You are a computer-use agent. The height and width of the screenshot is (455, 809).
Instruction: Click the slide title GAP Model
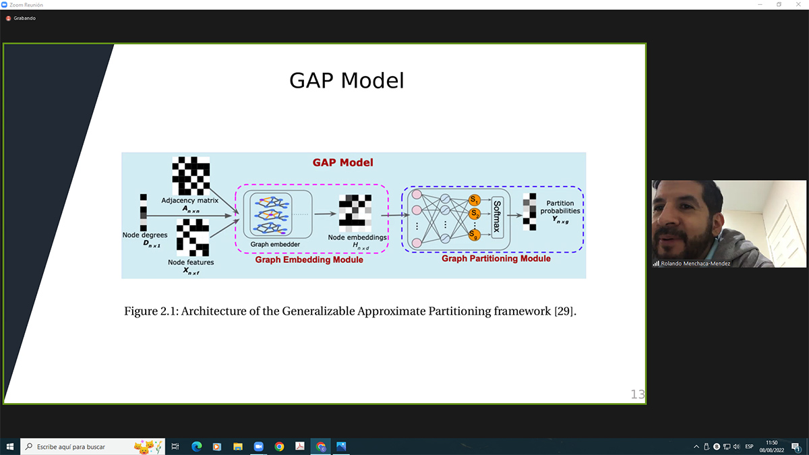tap(347, 80)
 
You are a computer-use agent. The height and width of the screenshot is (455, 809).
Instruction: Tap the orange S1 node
tap(474, 200)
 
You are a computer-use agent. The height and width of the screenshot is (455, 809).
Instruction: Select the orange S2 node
tap(474, 214)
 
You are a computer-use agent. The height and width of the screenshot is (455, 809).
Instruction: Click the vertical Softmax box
tap(497, 217)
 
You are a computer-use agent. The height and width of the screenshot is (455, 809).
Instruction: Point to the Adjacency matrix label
tap(190, 200)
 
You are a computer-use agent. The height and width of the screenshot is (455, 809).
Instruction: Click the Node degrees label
tap(145, 235)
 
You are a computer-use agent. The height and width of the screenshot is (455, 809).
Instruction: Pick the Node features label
tap(191, 262)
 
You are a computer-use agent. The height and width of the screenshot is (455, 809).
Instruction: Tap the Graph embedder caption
tap(275, 245)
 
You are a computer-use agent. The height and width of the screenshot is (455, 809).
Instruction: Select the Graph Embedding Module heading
tap(309, 260)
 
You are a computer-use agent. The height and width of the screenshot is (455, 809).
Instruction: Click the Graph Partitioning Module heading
tap(496, 259)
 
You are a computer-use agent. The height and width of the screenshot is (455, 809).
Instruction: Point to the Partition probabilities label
tap(560, 207)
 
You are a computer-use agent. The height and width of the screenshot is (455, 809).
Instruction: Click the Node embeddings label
tap(357, 237)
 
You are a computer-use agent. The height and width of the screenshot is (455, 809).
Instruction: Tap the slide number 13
tap(638, 394)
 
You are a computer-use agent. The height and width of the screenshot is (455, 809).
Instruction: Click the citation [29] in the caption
tap(564, 311)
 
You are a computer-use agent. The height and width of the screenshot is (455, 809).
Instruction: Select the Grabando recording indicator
tap(21, 18)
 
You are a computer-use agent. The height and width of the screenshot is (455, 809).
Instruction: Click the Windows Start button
tap(9, 447)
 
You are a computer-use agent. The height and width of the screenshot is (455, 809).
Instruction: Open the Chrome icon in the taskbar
tap(279, 447)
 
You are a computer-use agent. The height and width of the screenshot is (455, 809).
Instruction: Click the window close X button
tap(798, 4)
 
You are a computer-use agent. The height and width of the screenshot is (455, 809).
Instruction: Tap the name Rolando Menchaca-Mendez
tap(695, 264)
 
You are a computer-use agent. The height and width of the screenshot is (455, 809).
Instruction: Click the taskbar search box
tap(92, 447)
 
